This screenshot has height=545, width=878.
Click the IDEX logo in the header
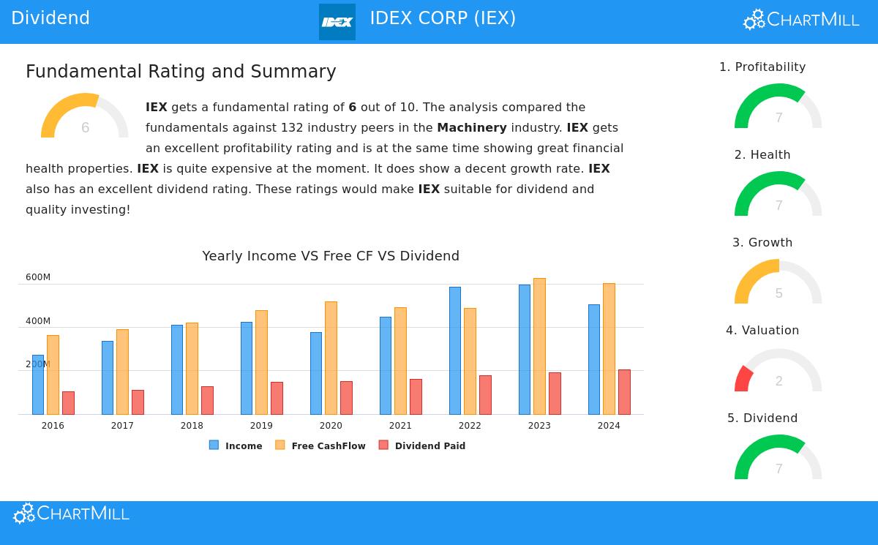337,22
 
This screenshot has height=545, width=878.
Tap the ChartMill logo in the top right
801,20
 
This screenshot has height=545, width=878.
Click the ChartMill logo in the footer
71,514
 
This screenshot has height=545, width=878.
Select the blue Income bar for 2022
455,350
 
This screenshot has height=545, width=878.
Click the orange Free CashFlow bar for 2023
539,346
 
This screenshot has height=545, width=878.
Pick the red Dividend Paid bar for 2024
624,392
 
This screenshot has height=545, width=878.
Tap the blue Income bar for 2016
38,385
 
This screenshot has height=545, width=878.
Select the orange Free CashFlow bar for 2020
331,358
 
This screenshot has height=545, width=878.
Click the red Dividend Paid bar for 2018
207,400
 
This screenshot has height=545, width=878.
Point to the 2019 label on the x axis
261,426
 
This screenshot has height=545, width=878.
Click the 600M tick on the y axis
38,277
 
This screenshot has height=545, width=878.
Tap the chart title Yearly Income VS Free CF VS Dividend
331,256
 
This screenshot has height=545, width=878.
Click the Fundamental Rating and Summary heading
181,72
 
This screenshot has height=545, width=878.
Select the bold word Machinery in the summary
471,127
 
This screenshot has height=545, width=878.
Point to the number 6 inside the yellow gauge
85,128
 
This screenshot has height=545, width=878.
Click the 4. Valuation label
762,331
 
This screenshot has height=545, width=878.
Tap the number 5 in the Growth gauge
778,293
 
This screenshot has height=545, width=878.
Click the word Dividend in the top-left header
50,18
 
